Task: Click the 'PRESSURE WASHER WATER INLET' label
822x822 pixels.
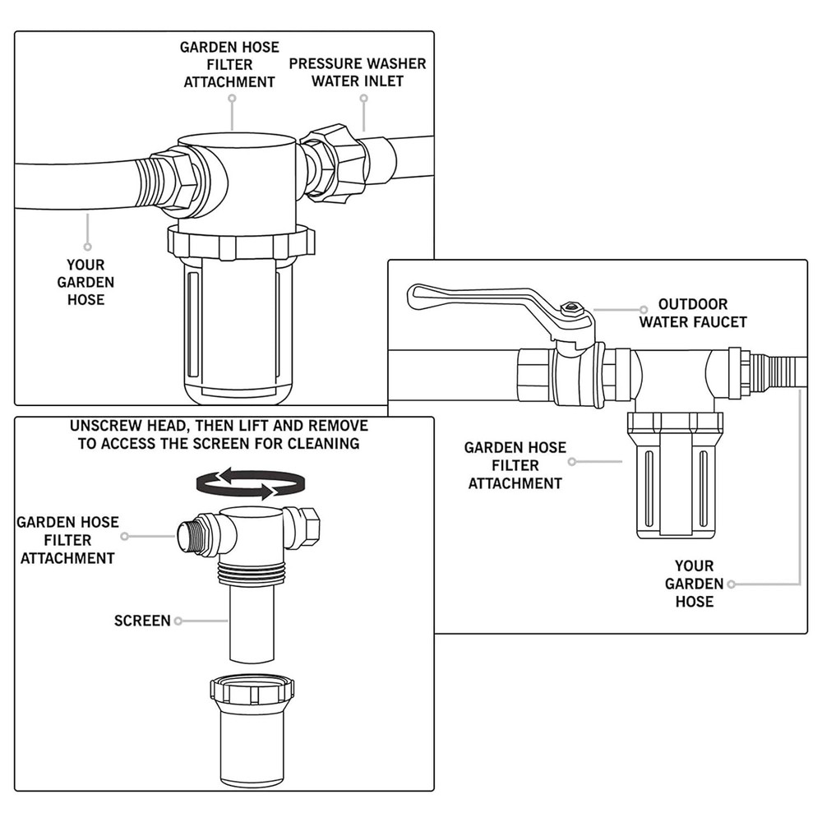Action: click(358, 72)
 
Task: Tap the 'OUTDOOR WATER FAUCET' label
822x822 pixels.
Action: click(692, 313)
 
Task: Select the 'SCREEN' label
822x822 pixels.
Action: click(142, 621)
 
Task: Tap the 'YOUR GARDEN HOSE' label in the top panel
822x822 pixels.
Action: click(85, 282)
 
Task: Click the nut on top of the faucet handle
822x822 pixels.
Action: click(570, 311)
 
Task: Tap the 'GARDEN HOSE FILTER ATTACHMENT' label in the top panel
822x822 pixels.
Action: click(229, 64)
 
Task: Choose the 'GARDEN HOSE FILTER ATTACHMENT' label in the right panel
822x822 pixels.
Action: click(515, 465)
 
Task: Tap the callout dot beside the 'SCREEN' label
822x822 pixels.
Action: click(178, 621)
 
